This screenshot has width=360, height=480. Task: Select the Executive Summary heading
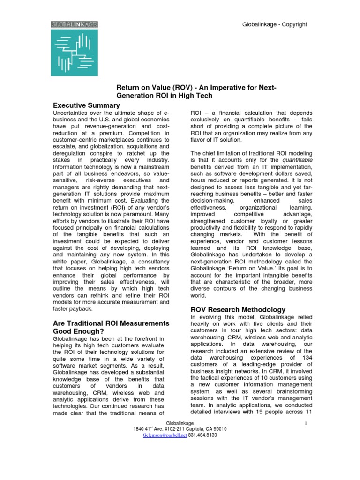pos(87,105)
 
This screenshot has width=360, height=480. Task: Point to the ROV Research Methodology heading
pos(237,309)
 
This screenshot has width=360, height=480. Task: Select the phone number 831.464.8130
pos(203,435)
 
